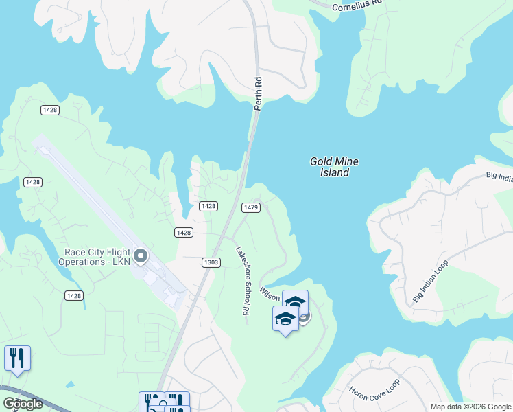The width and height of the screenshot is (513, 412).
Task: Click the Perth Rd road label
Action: coord(259,93)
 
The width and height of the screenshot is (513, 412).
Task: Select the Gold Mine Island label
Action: coord(334,167)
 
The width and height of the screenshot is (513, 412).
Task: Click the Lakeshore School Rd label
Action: coord(241,281)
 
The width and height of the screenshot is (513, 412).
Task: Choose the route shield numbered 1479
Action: coord(250,207)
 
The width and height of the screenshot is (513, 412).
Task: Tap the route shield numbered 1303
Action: coord(211,262)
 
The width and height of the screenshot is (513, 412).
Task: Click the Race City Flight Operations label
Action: coord(95,257)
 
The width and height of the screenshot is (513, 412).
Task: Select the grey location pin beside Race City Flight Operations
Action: coord(141,257)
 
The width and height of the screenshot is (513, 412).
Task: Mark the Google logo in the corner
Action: coord(23,404)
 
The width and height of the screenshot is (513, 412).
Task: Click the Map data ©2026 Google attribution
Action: coord(470,407)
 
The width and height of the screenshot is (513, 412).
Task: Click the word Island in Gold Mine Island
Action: coord(334,172)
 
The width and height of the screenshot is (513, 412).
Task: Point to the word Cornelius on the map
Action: coord(348,6)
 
